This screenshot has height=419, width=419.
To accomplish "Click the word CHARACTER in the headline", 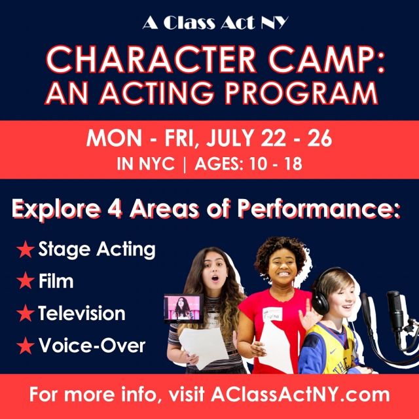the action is pyautogui.click(x=151, y=60).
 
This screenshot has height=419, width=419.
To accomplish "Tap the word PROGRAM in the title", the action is pyautogui.click(x=301, y=93).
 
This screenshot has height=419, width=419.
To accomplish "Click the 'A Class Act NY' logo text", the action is pyautogui.click(x=215, y=22).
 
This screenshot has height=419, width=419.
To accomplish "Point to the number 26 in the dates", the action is pyautogui.click(x=319, y=138).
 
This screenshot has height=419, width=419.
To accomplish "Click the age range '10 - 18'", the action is pyautogui.click(x=275, y=164).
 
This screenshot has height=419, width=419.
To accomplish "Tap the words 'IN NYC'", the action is pyautogui.click(x=145, y=164).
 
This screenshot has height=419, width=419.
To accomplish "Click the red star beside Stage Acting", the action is pyautogui.click(x=26, y=249).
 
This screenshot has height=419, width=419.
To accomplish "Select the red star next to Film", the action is pyautogui.click(x=26, y=281).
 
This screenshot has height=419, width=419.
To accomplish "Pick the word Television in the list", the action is pyautogui.click(x=82, y=313).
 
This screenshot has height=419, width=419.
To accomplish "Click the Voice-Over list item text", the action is pyautogui.click(x=92, y=345).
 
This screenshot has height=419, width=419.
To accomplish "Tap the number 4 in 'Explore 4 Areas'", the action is pyautogui.click(x=115, y=208).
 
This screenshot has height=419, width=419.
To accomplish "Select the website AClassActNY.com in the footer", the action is pyautogui.click(x=300, y=394).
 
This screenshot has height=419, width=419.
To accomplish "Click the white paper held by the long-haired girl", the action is pyautogui.click(x=204, y=347).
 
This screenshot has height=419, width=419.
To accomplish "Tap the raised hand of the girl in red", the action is pyautogui.click(x=307, y=316).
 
